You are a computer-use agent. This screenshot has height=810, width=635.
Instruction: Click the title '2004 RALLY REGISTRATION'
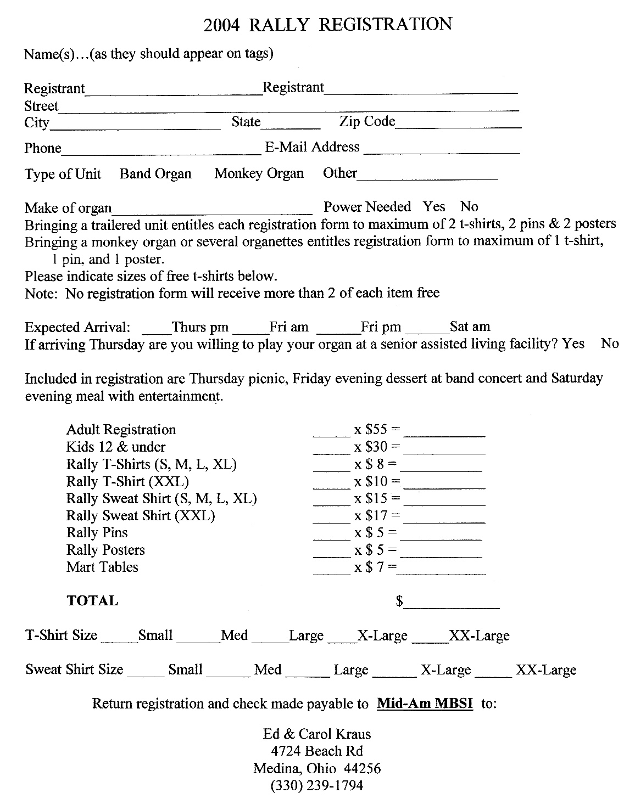[x=327, y=25]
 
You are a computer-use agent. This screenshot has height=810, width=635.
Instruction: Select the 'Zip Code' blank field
[x=458, y=125]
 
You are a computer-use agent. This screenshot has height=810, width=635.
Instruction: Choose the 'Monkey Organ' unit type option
[x=259, y=174]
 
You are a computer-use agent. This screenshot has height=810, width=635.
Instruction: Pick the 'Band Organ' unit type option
[x=155, y=174]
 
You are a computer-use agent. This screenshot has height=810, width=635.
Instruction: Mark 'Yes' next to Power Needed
[x=434, y=207]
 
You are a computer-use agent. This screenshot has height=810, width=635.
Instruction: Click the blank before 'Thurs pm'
[x=157, y=331]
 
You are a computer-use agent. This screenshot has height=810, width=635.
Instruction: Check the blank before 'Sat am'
[x=427, y=331]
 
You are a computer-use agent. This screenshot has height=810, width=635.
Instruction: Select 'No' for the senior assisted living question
[x=610, y=344]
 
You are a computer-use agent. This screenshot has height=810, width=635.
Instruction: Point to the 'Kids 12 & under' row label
[x=116, y=447]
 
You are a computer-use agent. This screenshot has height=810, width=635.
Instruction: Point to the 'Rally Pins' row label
[x=97, y=533]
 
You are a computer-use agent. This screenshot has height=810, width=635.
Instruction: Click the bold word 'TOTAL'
[x=92, y=601]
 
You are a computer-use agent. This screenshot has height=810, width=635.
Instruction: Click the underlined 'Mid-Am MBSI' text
[x=425, y=704]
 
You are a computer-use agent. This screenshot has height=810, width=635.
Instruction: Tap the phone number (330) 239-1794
[x=317, y=786]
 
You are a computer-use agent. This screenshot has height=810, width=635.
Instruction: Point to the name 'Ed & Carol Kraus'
[x=317, y=734]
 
